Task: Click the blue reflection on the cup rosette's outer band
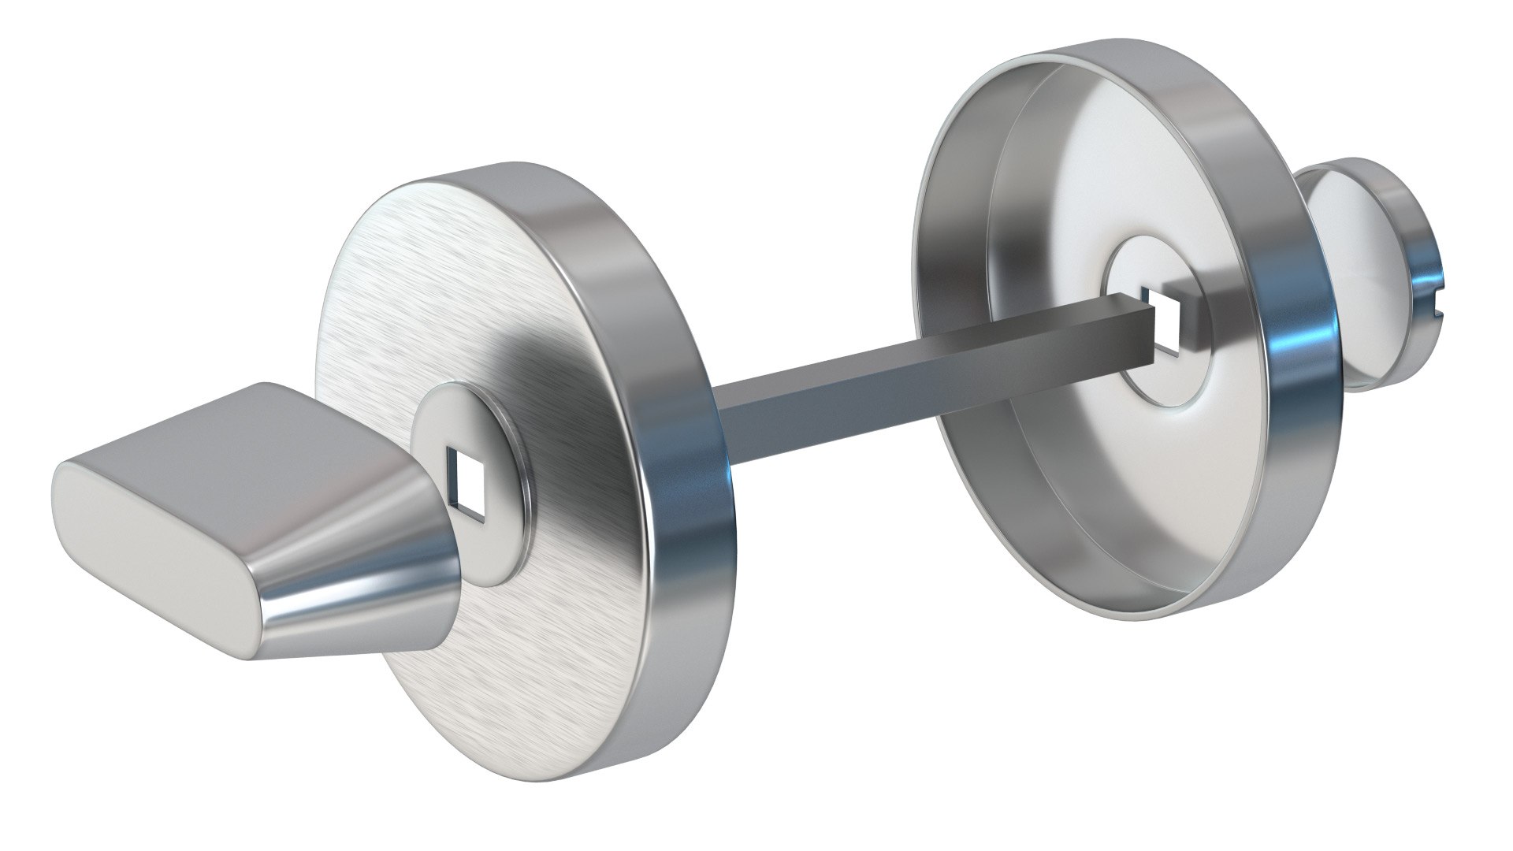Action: tap(1316, 331)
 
